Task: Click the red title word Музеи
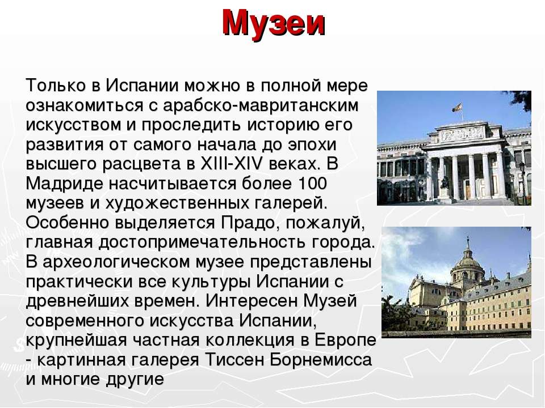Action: click(274, 23)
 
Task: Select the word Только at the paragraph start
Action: click(56, 85)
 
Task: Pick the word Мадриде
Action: click(64, 184)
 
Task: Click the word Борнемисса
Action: click(321, 360)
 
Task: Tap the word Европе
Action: click(346, 341)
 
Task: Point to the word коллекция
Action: click(250, 341)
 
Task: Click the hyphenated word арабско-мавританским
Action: click(261, 105)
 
